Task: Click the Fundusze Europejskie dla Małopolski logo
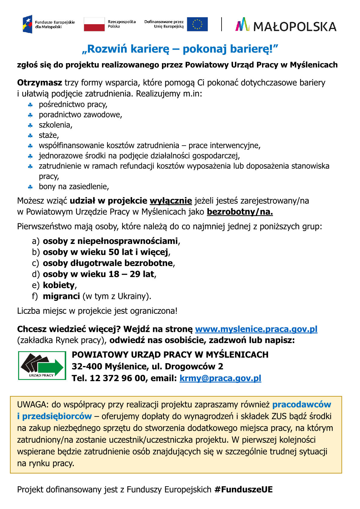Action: [x=48, y=24]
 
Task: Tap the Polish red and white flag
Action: [x=94, y=24]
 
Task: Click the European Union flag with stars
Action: [x=197, y=24]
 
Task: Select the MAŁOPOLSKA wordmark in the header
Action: [x=294, y=27]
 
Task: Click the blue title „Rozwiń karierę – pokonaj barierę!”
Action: [x=180, y=49]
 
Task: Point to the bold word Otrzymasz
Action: [x=40, y=83]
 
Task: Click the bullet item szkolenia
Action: [x=55, y=125]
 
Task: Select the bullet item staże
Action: [x=49, y=135]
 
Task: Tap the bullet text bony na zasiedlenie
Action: [x=74, y=186]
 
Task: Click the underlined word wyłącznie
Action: [x=171, y=201]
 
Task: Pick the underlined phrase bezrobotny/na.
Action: [x=240, y=212]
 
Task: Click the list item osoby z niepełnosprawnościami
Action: [x=110, y=241]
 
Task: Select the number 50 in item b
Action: [x=114, y=252]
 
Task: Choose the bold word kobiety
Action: [x=59, y=285]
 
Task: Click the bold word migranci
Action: [x=61, y=296]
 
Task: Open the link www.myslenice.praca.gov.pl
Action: [x=256, y=329]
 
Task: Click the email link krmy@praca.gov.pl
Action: [x=220, y=378]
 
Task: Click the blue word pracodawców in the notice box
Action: [x=301, y=404]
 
